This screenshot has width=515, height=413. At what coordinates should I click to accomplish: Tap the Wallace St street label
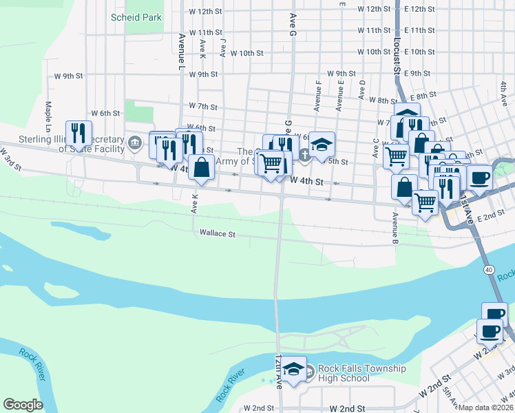[218, 234]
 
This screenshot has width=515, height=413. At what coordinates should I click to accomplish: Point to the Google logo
[23, 405]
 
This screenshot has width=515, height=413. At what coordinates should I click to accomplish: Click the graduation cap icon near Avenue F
[321, 145]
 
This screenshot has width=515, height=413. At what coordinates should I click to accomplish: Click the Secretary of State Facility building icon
[134, 144]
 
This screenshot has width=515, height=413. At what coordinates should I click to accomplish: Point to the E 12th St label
[420, 9]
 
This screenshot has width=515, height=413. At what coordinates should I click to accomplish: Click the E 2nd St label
[491, 216]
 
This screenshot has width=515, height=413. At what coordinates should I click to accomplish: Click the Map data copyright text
[486, 407]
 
